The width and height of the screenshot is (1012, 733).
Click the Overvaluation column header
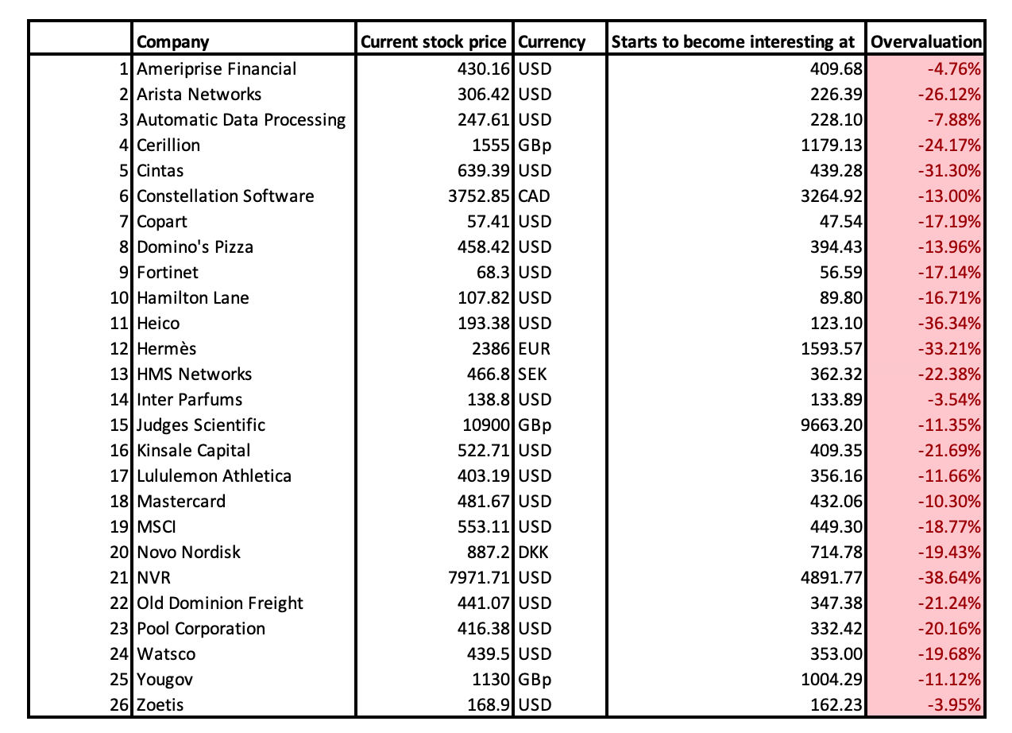pyautogui.click(x=926, y=42)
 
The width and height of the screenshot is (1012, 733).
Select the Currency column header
pyautogui.click(x=551, y=42)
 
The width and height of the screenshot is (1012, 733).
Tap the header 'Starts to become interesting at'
pyautogui.click(x=733, y=42)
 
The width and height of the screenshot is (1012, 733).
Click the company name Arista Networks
pyautogui.click(x=199, y=95)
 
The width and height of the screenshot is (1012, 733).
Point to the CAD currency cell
pyautogui.click(x=535, y=196)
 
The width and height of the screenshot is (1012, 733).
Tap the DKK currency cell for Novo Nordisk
pyautogui.click(x=535, y=553)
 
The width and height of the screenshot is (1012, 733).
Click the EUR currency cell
pyautogui.click(x=535, y=349)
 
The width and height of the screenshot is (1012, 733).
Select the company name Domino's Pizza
pyautogui.click(x=195, y=247)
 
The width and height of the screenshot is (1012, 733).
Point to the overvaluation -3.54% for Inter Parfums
pyautogui.click(x=953, y=400)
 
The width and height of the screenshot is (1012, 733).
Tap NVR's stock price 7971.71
pyautogui.click(x=481, y=578)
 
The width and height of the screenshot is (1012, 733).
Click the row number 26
pyautogui.click(x=121, y=705)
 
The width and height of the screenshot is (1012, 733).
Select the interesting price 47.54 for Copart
pyautogui.click(x=840, y=222)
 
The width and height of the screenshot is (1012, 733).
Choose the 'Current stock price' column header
pyautogui.click(x=433, y=42)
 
